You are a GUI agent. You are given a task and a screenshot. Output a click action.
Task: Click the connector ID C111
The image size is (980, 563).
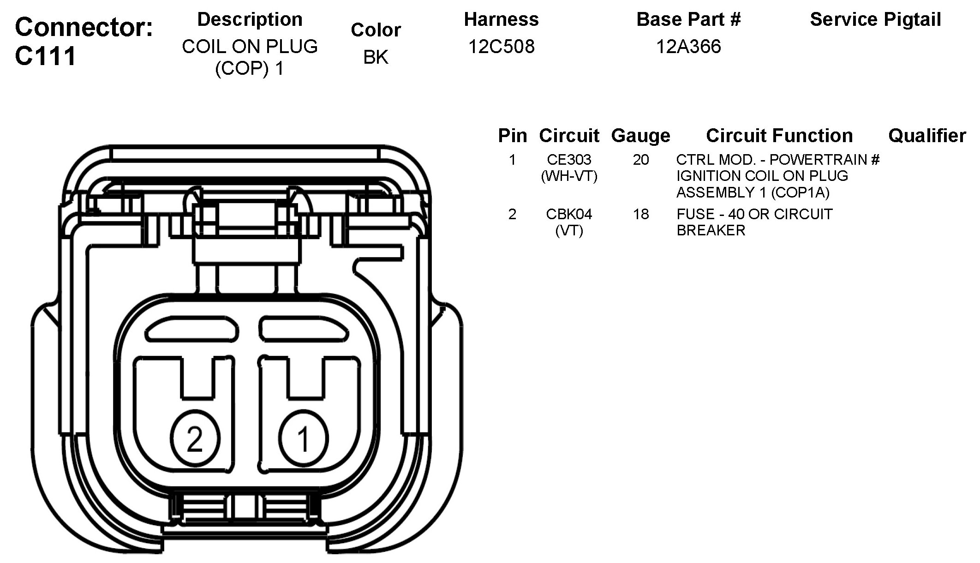[x=45, y=56]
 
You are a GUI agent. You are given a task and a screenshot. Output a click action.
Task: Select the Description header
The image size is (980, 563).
[x=250, y=19]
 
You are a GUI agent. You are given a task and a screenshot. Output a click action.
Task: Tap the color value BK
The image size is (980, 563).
[x=376, y=57]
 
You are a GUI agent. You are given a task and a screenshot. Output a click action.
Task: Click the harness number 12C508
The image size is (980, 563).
[x=501, y=47]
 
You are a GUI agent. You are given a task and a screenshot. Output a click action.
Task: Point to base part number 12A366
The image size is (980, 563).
[x=688, y=47]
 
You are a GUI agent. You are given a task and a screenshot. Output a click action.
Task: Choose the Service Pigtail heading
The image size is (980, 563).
[x=875, y=19]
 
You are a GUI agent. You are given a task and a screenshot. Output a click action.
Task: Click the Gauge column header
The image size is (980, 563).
[x=640, y=136]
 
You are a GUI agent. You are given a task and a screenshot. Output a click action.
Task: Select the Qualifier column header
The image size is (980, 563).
[x=927, y=136]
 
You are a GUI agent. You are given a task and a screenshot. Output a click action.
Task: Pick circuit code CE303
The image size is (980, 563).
[x=569, y=160]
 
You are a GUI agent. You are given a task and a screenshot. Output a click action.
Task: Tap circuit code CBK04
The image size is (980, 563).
[x=569, y=214]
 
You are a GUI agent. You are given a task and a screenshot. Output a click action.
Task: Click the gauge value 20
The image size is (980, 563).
[x=640, y=160]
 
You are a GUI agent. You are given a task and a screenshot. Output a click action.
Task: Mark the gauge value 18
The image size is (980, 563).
[x=640, y=214]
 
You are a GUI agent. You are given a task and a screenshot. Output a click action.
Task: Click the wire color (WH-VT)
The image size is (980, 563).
[x=569, y=176]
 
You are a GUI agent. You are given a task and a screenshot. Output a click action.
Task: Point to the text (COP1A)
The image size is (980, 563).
[x=800, y=192]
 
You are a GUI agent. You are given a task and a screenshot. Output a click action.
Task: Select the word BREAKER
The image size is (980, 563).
[x=711, y=230]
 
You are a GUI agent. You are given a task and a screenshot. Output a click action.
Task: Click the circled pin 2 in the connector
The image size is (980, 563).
[x=195, y=438]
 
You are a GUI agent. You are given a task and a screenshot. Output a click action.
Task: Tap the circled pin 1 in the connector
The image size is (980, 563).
[x=303, y=438]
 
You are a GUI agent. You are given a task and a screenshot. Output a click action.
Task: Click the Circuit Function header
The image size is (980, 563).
[x=779, y=136]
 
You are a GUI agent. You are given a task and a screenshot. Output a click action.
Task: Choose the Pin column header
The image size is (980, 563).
[x=512, y=136]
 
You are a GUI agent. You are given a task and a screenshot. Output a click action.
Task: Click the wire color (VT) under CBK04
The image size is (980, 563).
[x=569, y=230]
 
